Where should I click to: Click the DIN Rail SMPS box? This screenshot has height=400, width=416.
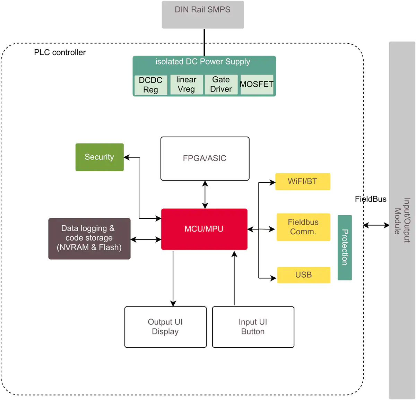[203, 15]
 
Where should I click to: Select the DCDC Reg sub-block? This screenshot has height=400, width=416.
[151, 85]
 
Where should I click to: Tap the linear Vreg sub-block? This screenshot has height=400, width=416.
[187, 85]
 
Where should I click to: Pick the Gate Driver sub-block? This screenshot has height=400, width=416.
[221, 85]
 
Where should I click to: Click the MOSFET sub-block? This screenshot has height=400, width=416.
[257, 85]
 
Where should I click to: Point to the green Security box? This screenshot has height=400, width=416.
[99, 157]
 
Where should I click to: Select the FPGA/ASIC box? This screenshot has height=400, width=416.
[205, 158]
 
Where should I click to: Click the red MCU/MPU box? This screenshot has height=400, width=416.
[204, 229]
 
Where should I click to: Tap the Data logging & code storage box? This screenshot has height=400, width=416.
[89, 238]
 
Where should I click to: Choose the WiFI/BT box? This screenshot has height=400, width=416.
[303, 182]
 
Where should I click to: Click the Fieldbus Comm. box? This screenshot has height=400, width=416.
[303, 227]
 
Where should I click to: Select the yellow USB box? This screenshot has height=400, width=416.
[304, 275]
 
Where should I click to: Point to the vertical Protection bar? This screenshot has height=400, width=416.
[345, 247]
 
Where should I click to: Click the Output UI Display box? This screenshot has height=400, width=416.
[165, 327]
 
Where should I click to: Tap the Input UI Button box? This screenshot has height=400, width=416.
[253, 327]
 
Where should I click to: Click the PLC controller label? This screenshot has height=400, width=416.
[60, 52]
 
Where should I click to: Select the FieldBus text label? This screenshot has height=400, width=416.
[371, 199]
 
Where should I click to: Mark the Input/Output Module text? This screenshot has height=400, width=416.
[402, 220]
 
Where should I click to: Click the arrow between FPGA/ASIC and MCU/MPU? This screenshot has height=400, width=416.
[205, 194]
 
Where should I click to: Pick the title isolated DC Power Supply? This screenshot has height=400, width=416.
[203, 62]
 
